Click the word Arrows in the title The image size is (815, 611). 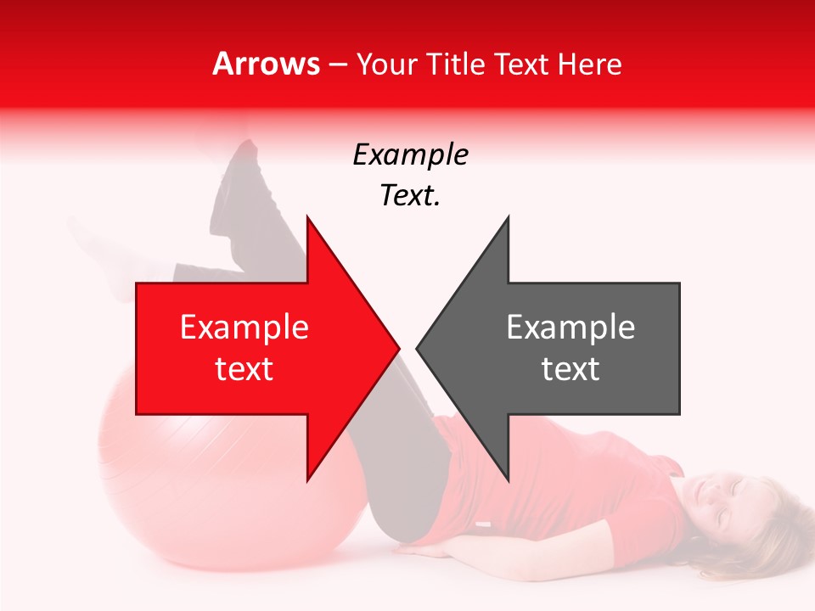pos(266,64)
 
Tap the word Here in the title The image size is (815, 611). pos(590,64)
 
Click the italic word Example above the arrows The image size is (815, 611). pos(410,154)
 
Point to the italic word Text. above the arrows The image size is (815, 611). pos(410,195)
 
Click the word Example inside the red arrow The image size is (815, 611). pos(244,328)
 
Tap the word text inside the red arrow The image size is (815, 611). pos(244,369)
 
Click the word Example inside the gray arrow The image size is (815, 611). pos(570,328)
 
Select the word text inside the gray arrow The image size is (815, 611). pos(570,369)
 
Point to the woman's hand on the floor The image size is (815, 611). pos(429,550)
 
